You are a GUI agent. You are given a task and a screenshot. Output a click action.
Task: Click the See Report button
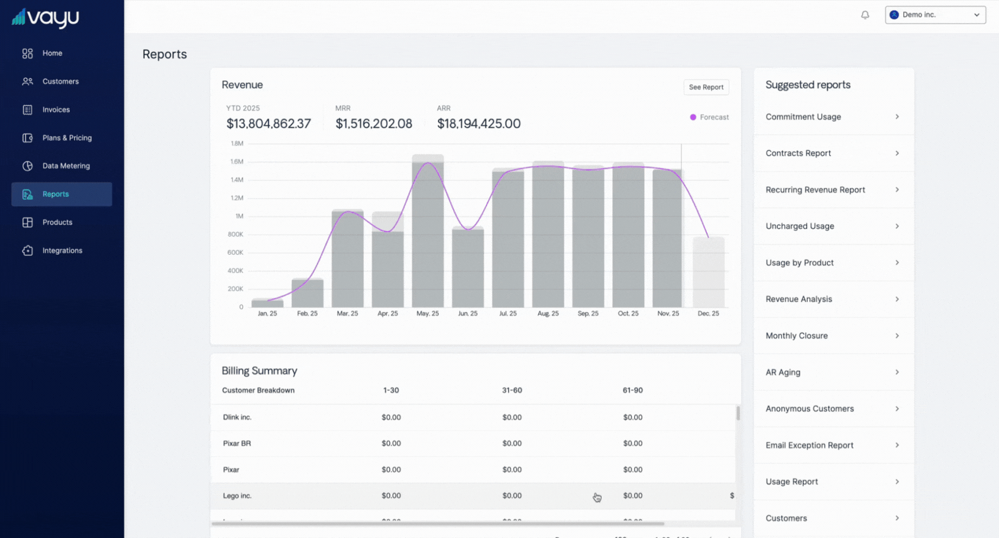[x=706, y=87]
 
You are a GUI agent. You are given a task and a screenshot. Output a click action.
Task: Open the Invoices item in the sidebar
[x=56, y=110]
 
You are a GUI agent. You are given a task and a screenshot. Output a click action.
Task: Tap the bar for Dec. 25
[x=708, y=272]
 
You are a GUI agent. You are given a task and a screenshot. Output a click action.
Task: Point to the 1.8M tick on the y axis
[x=237, y=144]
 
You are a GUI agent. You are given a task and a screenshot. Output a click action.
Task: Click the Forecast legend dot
[x=693, y=117]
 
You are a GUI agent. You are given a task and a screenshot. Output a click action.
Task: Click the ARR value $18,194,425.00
[x=479, y=124]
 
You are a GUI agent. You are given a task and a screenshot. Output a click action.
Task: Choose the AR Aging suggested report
[x=783, y=372]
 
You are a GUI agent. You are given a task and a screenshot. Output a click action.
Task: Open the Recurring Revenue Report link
[x=815, y=190]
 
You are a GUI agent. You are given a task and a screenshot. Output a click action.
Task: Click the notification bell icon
[x=865, y=15]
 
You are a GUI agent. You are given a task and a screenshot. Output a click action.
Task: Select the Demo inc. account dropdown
[x=935, y=15]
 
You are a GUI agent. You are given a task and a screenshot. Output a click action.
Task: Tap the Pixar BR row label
[x=237, y=443]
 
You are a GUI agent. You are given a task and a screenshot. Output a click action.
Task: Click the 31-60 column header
[x=512, y=390]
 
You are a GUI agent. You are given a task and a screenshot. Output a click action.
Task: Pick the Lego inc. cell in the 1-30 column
[x=391, y=496]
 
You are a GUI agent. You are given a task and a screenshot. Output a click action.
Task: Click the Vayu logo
[x=46, y=18]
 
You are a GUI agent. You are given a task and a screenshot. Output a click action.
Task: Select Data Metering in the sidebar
[x=66, y=166]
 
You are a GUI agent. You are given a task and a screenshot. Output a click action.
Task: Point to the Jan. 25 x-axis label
[x=267, y=313]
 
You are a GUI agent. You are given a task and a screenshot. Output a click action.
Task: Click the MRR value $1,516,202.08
[x=373, y=124]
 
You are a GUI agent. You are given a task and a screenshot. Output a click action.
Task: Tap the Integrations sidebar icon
[x=27, y=251]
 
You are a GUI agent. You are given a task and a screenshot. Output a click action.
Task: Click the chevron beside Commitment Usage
[x=897, y=117]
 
